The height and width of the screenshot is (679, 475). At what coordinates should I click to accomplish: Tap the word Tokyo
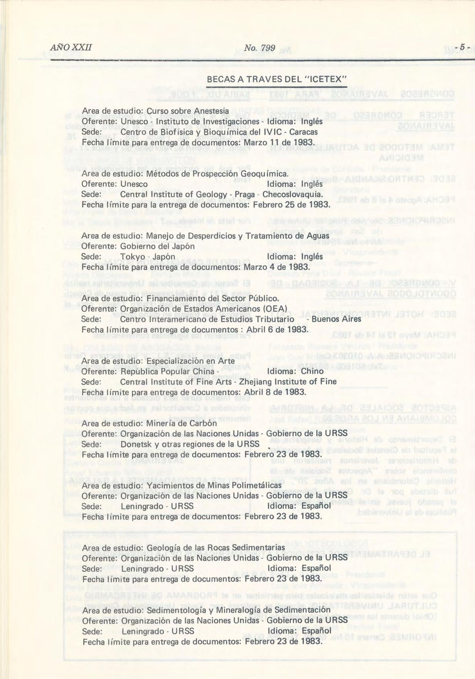tap(132, 257)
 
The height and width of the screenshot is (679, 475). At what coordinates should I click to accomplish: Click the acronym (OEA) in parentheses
tap(275, 309)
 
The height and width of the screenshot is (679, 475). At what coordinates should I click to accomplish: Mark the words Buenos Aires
tap(336, 319)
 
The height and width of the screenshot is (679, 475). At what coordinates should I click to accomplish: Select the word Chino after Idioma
tap(312, 371)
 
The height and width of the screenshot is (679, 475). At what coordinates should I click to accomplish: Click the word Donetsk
tap(136, 444)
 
